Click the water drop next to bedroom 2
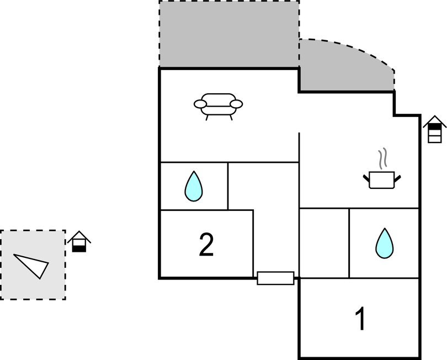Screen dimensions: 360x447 click(193, 186)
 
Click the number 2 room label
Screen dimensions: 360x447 click(206, 245)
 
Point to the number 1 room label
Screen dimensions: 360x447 click(360, 319)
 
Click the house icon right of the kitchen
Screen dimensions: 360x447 click(435, 129)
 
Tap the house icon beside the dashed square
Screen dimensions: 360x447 click(79, 242)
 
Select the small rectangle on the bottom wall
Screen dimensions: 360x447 click(275, 278)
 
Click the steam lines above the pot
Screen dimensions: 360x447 click(381, 159)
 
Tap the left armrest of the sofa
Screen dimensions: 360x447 click(200, 103)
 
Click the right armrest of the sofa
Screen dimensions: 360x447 click(237, 103)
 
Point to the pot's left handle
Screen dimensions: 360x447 click(366, 177)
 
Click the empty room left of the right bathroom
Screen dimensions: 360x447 click(324, 243)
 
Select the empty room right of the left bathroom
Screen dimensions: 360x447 click(263, 186)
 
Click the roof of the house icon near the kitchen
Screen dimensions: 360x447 click(435, 121)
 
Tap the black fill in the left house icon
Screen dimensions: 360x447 click(79, 248)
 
